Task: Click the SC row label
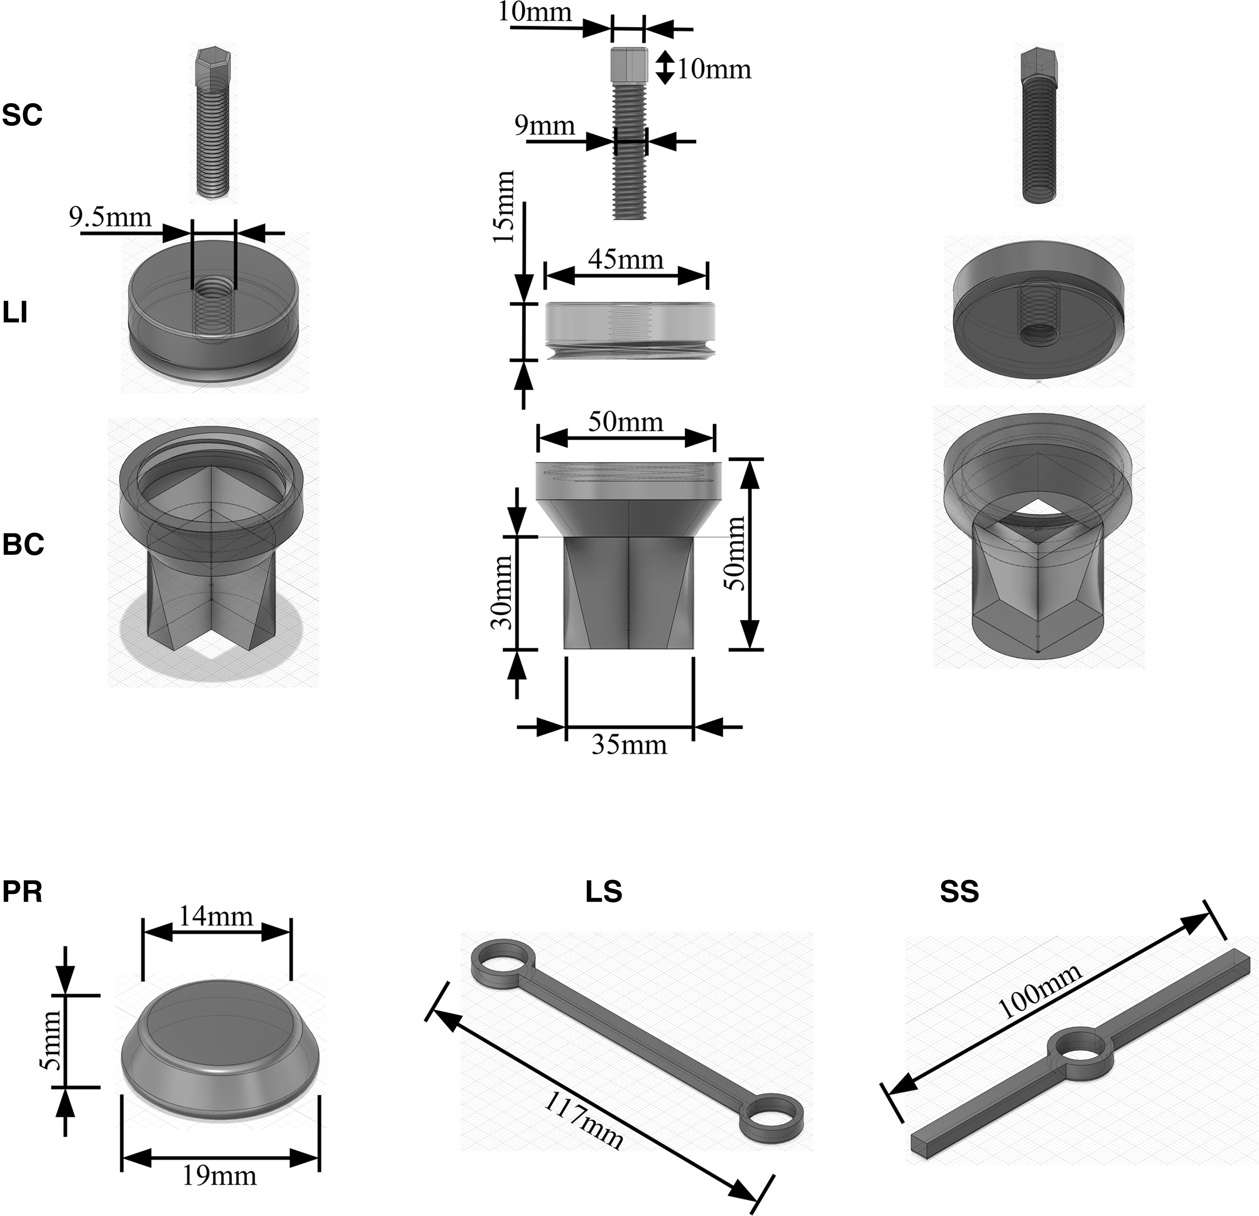23,115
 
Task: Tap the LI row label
15,315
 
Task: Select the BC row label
23,545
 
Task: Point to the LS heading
604,892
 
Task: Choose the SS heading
959,892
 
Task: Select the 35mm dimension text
629,745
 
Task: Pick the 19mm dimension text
219,1175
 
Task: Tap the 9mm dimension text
545,125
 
